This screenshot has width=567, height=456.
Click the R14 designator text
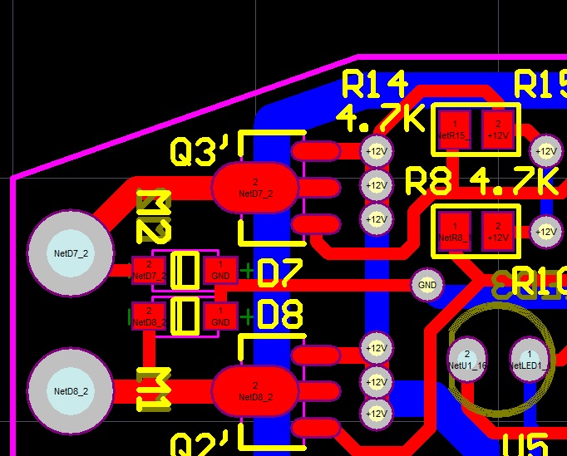pos(376,84)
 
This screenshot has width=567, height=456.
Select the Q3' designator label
pos(200,151)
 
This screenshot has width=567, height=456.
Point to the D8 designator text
pos(280,316)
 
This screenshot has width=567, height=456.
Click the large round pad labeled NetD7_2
pos(70,252)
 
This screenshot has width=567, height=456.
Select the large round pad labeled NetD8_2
pos(70,390)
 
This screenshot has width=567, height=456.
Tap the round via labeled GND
pos(427,285)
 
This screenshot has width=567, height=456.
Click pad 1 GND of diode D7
pos(220,269)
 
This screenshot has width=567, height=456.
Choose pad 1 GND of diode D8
pos(220,316)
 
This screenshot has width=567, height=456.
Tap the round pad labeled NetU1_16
pos(467,359)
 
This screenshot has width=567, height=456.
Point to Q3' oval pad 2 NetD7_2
pos(254,187)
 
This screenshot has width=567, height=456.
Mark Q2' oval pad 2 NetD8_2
pos(254,390)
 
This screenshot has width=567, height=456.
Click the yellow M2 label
pos(155,218)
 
